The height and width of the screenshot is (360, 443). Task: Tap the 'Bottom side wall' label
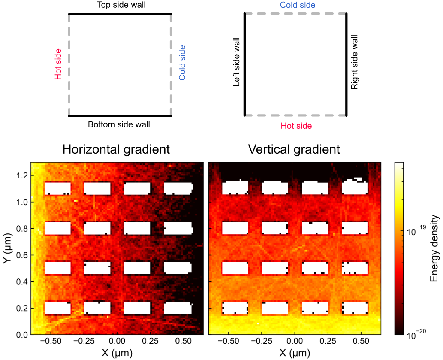pos(119,125)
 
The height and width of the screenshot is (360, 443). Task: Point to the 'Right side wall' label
pos(354,63)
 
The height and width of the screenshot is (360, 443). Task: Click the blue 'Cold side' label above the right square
pos(298,5)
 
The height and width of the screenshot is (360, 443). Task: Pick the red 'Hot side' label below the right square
pos(296,126)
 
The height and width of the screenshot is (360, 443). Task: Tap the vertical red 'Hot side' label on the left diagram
pos(58,64)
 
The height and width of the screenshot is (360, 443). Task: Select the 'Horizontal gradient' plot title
pos(116,149)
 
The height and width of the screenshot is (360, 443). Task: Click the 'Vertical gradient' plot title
pos(294,149)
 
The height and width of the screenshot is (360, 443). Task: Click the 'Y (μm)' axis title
pos(7,248)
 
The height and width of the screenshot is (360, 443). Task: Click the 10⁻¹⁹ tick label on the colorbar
pos(416,232)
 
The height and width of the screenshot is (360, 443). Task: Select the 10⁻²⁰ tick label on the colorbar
pos(416,336)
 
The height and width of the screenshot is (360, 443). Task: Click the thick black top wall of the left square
pos(120,14)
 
